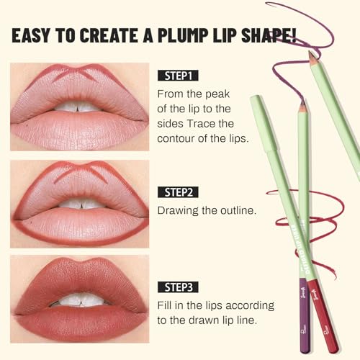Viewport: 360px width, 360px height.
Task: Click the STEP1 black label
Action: pyautogui.click(x=177, y=74)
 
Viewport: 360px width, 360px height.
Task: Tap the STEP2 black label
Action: pyautogui.click(x=178, y=192)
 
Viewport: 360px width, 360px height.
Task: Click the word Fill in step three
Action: pyautogui.click(x=166, y=305)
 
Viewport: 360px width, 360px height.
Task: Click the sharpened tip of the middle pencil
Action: pyautogui.click(x=302, y=107)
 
